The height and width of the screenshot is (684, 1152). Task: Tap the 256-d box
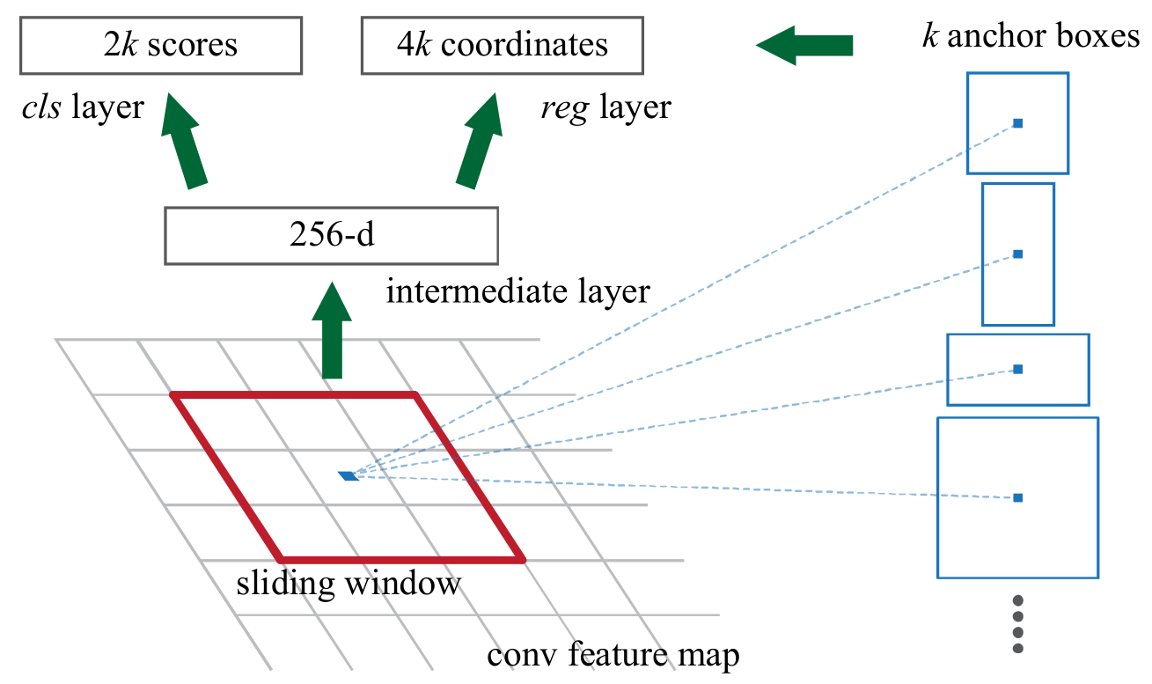[331, 235]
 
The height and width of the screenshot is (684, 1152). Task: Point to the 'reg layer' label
[605, 107]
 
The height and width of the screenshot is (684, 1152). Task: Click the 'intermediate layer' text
[517, 291]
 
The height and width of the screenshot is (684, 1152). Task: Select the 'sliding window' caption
[349, 584]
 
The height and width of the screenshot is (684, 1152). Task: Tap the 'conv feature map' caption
[613, 656]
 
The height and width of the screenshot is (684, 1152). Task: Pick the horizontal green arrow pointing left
[804, 45]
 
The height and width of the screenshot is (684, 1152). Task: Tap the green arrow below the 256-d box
[332, 330]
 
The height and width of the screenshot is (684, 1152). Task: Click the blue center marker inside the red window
[348, 476]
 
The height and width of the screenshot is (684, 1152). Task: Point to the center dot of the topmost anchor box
[1017, 123]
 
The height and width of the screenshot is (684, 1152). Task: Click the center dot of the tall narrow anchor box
[1017, 254]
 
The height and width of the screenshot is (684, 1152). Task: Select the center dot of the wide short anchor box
[1017, 369]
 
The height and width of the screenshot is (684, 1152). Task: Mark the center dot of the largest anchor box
[1017, 498]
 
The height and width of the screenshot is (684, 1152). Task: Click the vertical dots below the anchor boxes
[1018, 624]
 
